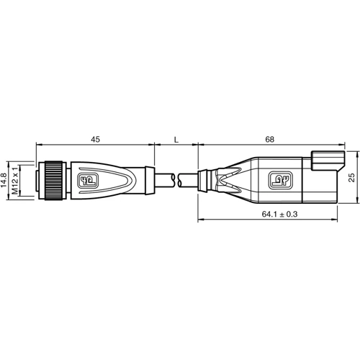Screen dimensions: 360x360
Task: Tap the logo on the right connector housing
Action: coord(278,179)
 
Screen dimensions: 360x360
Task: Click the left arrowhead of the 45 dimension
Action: coord(37,145)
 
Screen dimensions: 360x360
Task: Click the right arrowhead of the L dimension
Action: coord(194,145)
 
